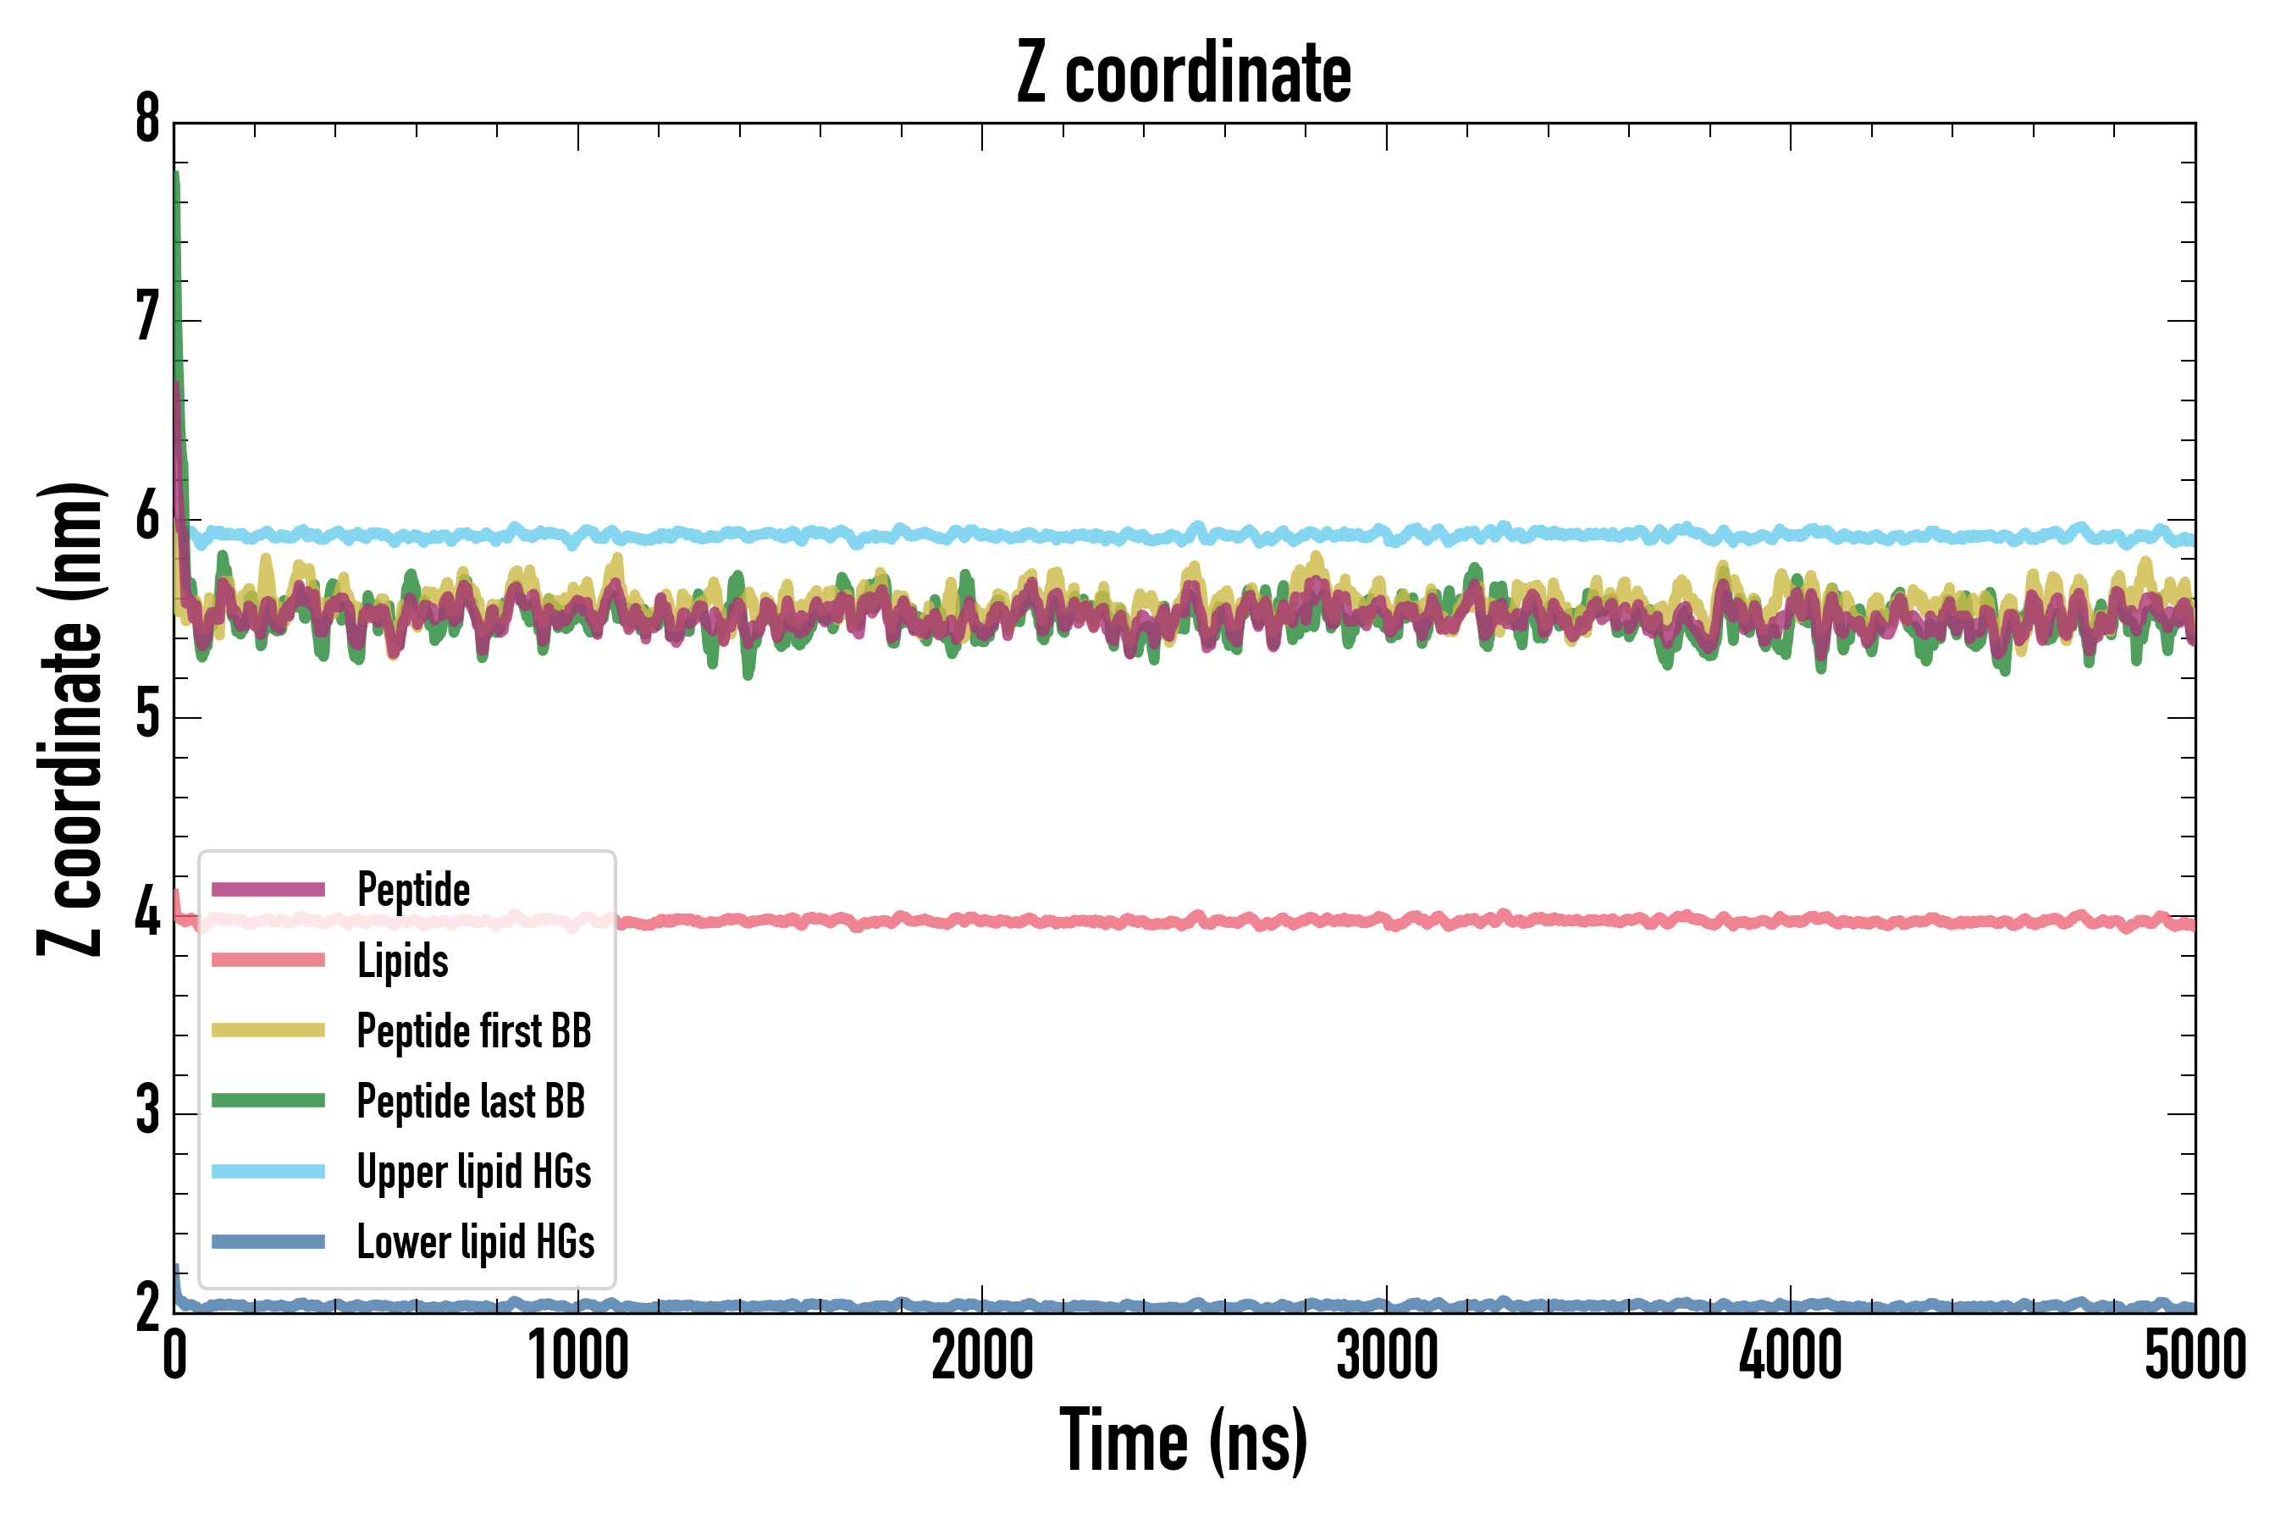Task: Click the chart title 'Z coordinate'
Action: tap(1183, 74)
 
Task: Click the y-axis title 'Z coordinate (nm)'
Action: tap(70, 719)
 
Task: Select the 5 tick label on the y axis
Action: tap(147, 716)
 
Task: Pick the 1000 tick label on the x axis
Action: tap(578, 1357)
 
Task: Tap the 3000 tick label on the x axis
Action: tap(1386, 1357)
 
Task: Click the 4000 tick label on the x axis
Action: tap(1791, 1357)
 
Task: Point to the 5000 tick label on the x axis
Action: tap(2195, 1357)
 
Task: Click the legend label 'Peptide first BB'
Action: tap(474, 1031)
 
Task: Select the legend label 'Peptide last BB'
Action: tap(472, 1102)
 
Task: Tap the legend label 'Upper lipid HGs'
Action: tap(474, 1171)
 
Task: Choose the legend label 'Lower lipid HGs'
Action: tap(476, 1242)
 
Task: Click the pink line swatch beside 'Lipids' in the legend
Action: tap(268, 960)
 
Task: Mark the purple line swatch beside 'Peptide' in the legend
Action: tap(268, 889)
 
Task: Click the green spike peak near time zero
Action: tap(176, 175)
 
